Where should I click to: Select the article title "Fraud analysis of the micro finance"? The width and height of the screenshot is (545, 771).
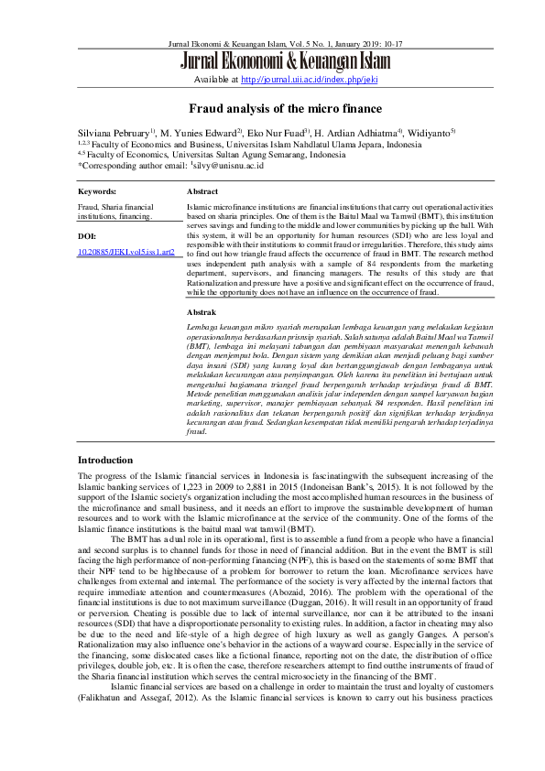coord(272,107)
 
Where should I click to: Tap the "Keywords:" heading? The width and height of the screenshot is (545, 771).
coord(97,192)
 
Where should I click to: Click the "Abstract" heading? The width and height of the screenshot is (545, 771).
coord(202,192)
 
